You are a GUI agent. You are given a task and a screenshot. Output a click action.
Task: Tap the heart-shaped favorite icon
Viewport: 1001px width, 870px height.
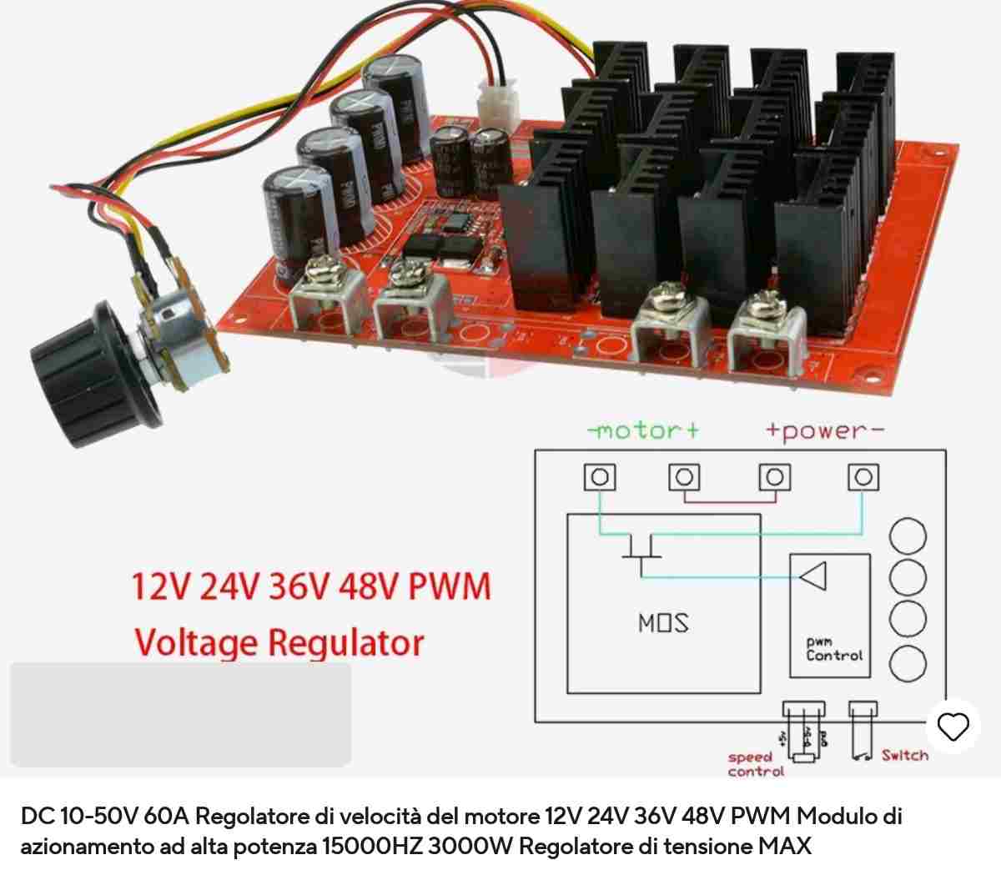point(953,727)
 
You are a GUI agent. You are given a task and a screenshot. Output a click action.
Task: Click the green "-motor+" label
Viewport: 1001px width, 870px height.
point(643,430)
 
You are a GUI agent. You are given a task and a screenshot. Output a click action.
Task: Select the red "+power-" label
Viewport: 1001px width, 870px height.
point(824,430)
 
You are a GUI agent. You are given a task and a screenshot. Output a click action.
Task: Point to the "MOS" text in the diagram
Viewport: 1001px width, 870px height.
point(663,623)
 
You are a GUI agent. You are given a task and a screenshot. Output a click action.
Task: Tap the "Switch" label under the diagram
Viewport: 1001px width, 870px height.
point(904,756)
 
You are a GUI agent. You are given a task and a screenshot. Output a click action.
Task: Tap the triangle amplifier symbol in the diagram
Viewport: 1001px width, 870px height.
point(812,576)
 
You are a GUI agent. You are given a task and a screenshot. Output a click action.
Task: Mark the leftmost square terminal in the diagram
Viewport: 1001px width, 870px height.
point(600,477)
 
